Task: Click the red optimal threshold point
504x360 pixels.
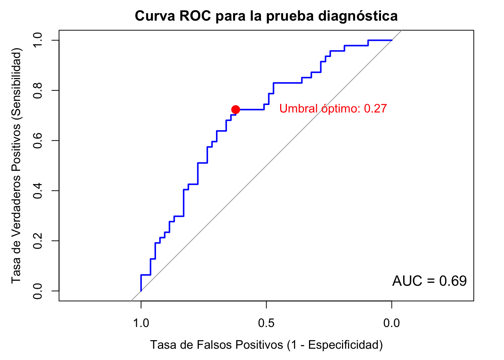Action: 235,109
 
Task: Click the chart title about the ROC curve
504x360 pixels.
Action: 266,16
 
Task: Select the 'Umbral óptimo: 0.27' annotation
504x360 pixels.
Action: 333,109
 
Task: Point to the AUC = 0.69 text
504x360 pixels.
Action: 429,281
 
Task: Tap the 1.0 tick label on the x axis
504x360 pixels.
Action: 141,323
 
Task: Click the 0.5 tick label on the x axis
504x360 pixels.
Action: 266,323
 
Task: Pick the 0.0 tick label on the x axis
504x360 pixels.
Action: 391,323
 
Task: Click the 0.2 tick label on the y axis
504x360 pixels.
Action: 37,241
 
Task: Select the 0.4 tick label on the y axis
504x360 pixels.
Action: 37,190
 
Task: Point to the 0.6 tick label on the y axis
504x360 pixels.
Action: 37,141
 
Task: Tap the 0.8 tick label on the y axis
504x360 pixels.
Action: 37,90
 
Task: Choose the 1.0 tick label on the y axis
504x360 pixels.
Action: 37,40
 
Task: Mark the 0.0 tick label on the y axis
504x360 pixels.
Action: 37,291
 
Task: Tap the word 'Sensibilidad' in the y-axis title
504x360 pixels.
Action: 16,85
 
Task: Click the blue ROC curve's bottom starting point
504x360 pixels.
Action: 141,291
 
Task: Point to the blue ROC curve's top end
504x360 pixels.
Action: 391,40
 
